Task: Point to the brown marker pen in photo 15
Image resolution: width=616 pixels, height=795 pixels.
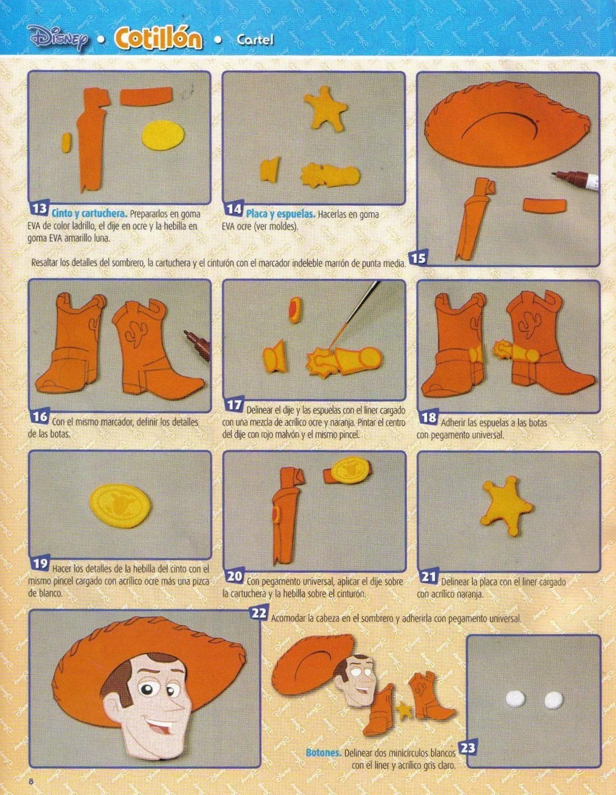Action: (576, 181)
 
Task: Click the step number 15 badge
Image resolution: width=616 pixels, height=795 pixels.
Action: (419, 257)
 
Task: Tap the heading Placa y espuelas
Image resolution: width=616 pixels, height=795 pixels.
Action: (281, 215)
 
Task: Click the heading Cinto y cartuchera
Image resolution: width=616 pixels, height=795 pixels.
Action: (89, 214)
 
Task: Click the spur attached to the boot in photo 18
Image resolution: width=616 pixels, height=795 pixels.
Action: (517, 351)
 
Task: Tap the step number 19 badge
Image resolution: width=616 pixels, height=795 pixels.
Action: (40, 563)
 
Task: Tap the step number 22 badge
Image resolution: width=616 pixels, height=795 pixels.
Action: (259, 613)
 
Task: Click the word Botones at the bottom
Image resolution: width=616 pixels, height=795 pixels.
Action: (323, 753)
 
